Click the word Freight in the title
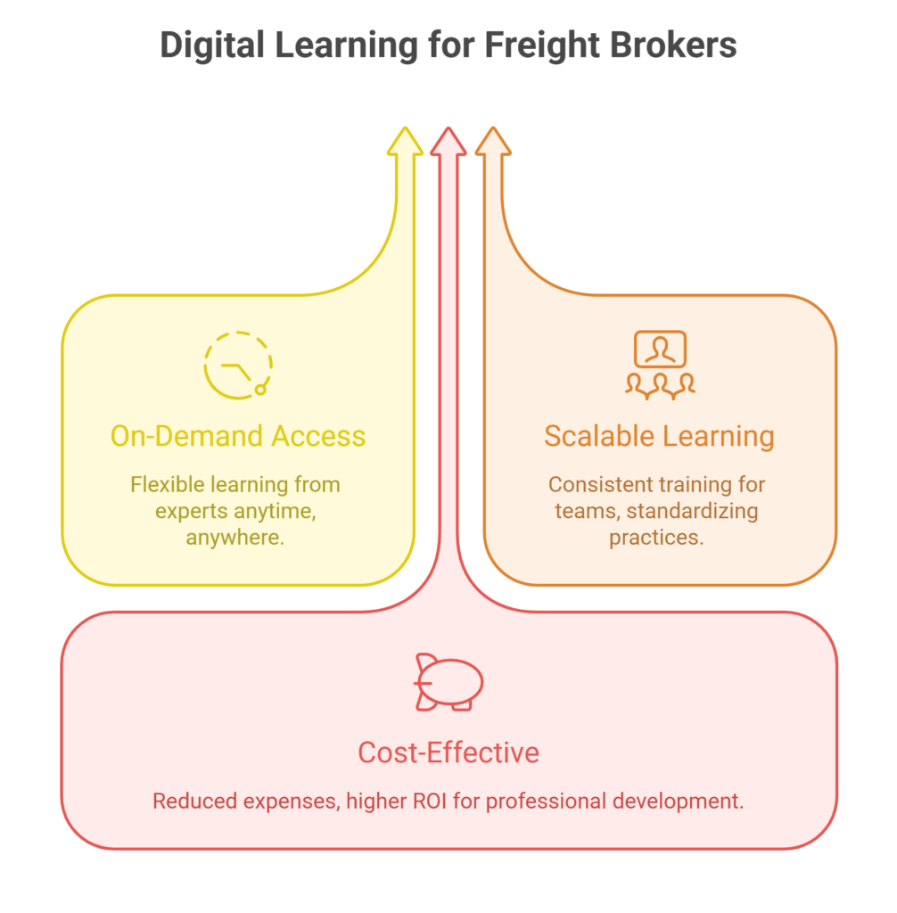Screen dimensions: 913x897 538,45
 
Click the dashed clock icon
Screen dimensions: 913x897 237,364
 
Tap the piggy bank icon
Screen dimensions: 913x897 448,683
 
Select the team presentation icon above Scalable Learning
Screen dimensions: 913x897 660,363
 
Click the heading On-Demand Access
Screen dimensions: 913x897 238,436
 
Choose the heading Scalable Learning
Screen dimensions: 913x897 659,436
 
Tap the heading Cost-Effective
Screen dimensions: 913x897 448,753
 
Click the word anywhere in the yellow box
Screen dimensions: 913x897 235,538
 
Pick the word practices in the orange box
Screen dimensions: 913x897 656,538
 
